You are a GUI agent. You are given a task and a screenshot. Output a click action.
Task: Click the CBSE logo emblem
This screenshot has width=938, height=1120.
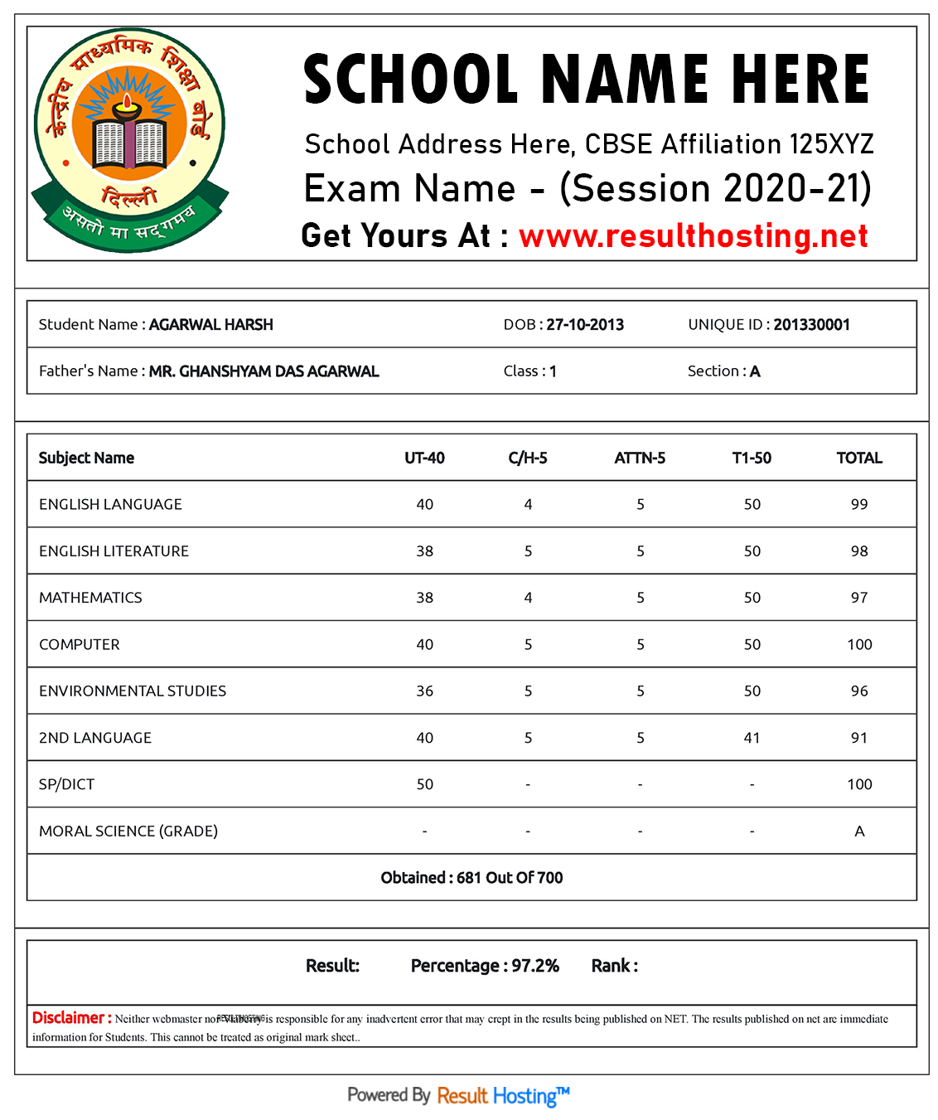tap(130, 139)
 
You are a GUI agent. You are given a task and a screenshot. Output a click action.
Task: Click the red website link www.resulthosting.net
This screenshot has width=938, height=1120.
tap(693, 236)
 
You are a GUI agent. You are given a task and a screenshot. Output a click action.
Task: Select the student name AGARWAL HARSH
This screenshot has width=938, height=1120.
tap(210, 325)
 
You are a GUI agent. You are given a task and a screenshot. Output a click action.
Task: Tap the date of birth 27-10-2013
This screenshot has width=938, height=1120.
tap(585, 325)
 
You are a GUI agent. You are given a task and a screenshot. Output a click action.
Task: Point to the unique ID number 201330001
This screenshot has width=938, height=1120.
tap(811, 325)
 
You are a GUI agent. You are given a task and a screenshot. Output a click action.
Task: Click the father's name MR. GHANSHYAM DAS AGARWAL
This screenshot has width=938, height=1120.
tap(264, 371)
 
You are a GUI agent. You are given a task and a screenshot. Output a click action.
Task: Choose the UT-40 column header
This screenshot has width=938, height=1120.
tap(424, 458)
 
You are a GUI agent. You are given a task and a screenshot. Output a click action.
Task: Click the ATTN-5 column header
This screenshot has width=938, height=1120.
tap(640, 458)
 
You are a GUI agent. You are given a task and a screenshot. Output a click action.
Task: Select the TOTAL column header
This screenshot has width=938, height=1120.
tap(859, 458)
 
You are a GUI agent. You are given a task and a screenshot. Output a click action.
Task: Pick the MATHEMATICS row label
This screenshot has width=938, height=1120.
tap(90, 598)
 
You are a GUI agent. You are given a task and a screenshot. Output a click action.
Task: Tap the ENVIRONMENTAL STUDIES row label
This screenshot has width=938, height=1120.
tap(133, 691)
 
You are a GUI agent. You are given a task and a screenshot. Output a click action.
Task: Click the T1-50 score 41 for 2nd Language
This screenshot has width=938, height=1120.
tap(752, 738)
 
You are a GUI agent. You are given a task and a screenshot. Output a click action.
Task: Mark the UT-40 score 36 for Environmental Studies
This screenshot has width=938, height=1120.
tap(424, 691)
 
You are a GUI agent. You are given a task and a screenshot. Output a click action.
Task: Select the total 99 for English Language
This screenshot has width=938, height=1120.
tap(859, 504)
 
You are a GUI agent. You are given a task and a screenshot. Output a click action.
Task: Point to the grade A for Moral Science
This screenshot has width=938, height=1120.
tap(859, 832)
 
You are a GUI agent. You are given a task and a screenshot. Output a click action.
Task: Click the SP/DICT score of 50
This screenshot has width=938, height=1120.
tap(424, 784)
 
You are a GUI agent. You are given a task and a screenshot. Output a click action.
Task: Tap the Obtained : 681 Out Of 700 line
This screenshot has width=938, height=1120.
tap(471, 878)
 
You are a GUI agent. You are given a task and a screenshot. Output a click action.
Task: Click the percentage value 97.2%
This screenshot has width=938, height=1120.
tap(535, 966)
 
